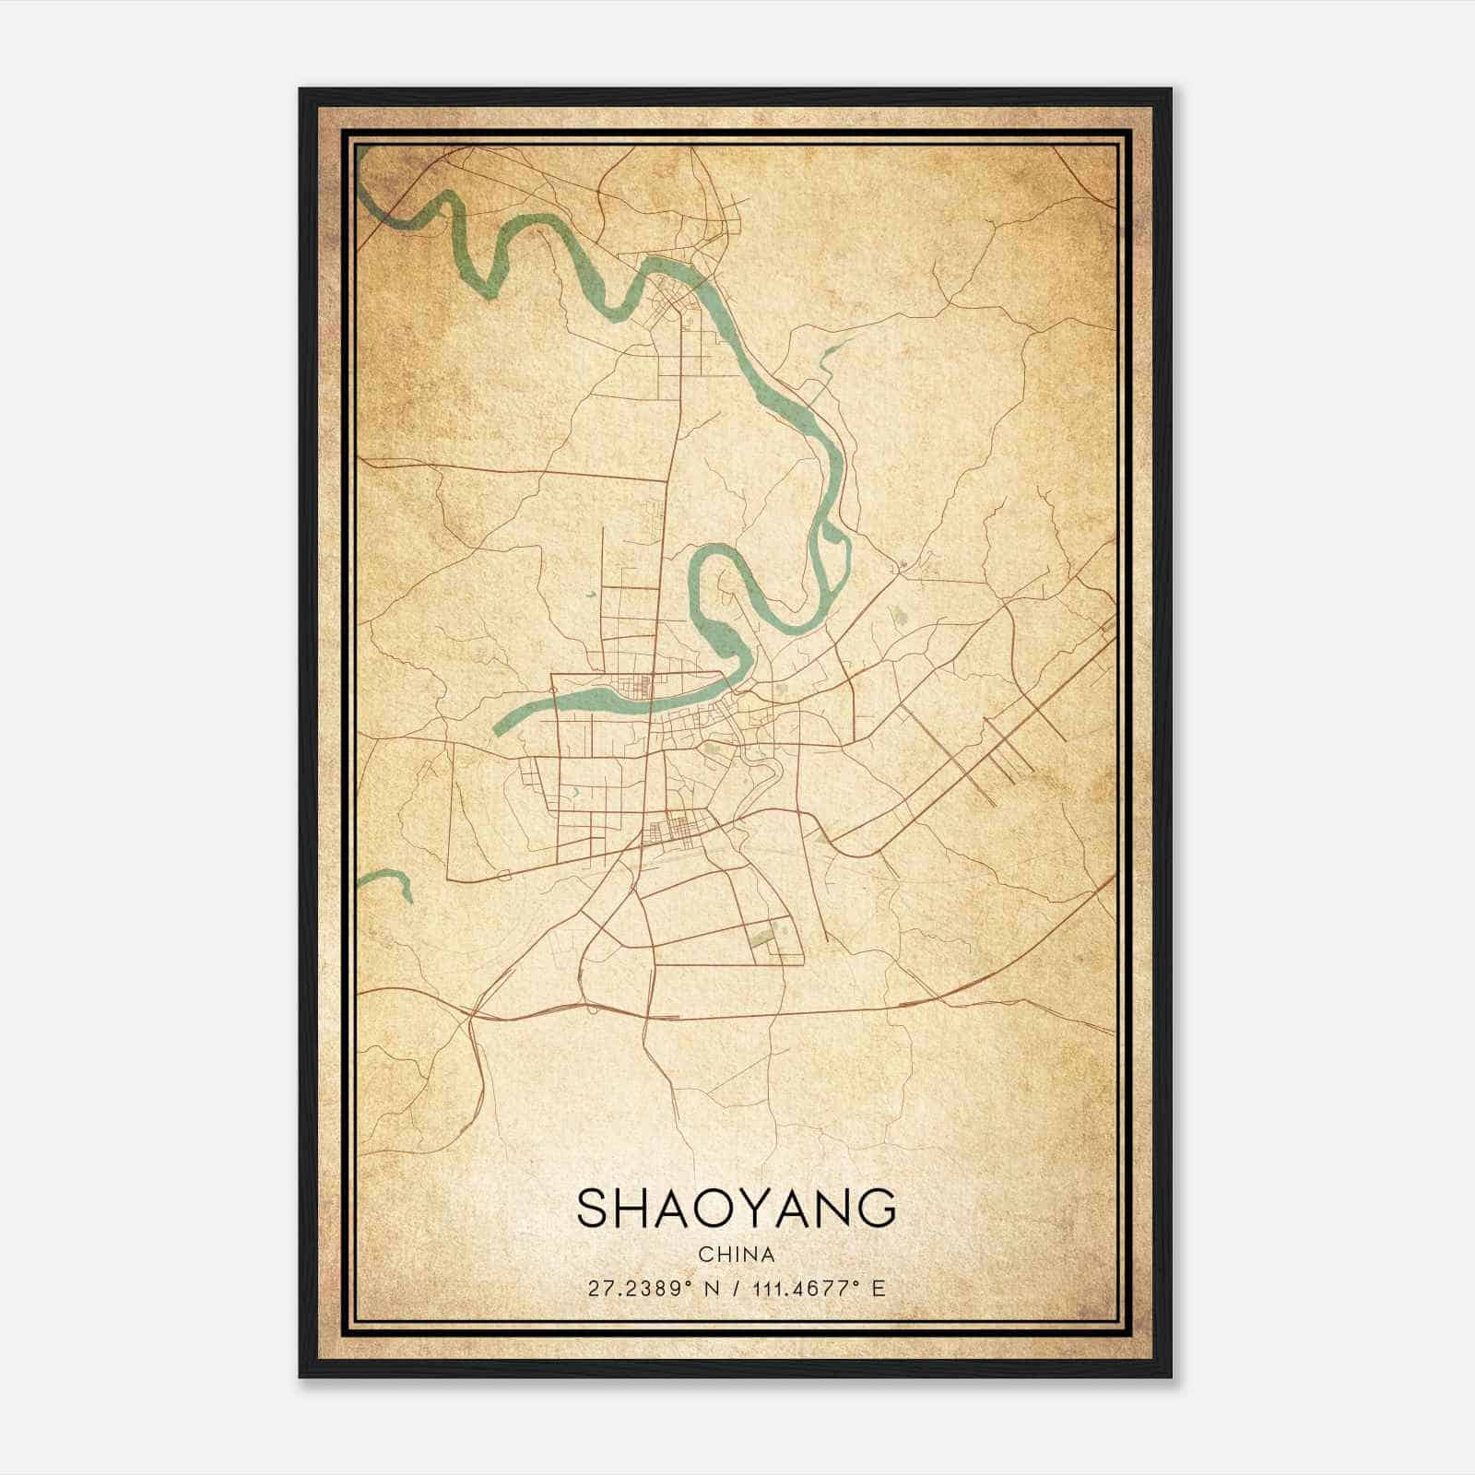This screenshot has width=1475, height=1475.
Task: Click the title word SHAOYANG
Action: coord(736,1209)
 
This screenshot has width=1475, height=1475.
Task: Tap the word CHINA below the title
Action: coord(736,1255)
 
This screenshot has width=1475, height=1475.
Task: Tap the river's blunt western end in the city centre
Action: coord(499,727)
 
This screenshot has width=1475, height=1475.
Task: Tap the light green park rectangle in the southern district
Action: coord(762,938)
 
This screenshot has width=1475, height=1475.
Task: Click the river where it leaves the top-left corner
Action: coord(369,184)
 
